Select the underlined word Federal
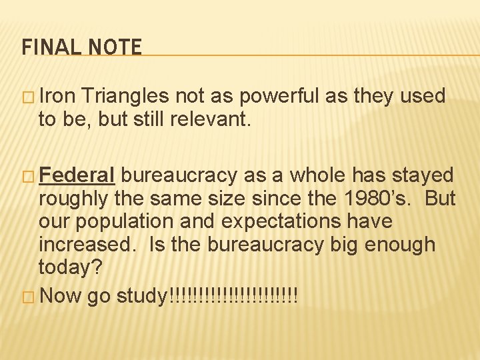78,175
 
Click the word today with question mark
69,267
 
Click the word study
143,295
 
